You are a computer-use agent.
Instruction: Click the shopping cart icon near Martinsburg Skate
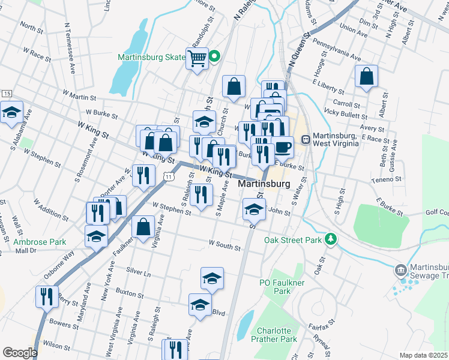[197, 59]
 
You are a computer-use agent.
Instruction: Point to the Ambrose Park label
[40, 242]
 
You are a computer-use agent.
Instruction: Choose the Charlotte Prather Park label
[277, 335]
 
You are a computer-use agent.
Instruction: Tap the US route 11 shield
[169, 177]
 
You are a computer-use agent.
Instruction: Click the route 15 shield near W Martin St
[7, 94]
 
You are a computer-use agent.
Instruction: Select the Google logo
[19, 353]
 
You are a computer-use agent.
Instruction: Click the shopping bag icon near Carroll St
[366, 76]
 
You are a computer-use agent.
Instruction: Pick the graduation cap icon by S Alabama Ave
[11, 112]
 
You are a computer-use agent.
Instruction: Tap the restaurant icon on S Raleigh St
[201, 194]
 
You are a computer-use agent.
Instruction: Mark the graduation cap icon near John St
[253, 210]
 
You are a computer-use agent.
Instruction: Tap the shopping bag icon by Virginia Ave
[143, 227]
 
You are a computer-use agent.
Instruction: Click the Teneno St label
[386, 179]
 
